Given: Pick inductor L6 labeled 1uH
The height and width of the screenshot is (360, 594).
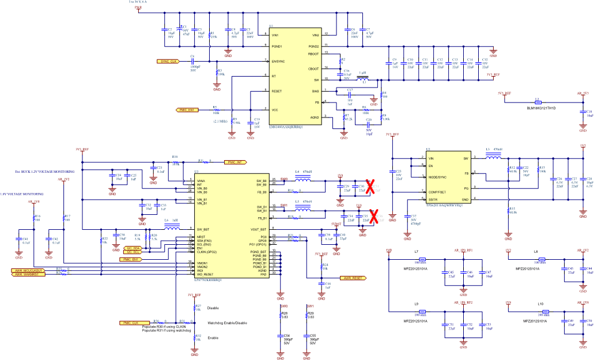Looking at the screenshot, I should (171, 228).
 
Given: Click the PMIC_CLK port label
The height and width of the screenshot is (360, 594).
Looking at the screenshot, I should (131, 323).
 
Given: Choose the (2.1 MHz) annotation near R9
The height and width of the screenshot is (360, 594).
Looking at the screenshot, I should (220, 122).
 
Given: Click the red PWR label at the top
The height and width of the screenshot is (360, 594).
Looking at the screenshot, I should (138, 7).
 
